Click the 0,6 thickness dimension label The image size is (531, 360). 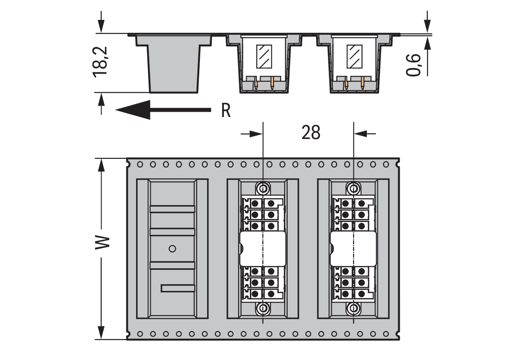click(x=413, y=65)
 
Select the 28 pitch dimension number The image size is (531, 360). click(x=311, y=132)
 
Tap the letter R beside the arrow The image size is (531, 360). click(x=225, y=110)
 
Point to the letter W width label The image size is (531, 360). click(x=102, y=243)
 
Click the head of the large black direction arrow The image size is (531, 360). click(x=133, y=110)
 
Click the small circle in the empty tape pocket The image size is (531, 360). click(x=172, y=249)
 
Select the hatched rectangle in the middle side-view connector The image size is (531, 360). click(x=264, y=56)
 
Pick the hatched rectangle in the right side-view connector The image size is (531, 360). click(x=354, y=56)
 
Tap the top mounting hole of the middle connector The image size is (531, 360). click(x=263, y=189)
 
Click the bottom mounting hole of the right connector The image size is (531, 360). click(x=353, y=308)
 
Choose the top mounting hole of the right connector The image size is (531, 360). click(x=353, y=189)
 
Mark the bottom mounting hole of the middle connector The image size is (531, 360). click(x=263, y=308)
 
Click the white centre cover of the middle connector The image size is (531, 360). click(x=263, y=249)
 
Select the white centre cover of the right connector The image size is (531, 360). click(x=353, y=249)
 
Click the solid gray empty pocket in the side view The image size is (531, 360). click(x=173, y=64)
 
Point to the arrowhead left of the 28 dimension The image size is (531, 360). click(x=256, y=134)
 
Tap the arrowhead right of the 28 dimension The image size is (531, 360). click(x=360, y=134)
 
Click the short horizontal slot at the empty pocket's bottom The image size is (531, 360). click(x=178, y=288)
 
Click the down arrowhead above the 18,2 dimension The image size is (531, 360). click(x=101, y=26)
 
